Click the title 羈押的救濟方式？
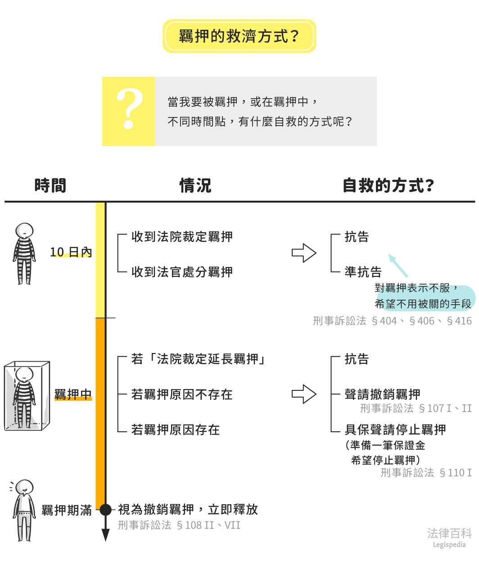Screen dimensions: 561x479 pyautogui.click(x=239, y=36)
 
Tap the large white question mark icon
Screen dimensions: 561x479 pyautogui.click(x=129, y=109)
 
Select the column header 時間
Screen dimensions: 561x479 pyautogui.click(x=50, y=185)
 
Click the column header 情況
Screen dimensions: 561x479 pyautogui.click(x=195, y=185)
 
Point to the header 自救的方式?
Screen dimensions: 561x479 pyautogui.click(x=388, y=185)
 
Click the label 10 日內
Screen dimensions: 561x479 pyautogui.click(x=71, y=252)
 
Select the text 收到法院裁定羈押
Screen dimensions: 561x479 pyautogui.click(x=182, y=237)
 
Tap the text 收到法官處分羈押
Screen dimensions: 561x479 pyautogui.click(x=182, y=272)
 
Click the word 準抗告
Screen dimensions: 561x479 pyautogui.click(x=363, y=272)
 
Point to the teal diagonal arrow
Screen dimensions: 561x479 pyautogui.click(x=398, y=266)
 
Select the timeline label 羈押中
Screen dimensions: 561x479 pyautogui.click(x=73, y=395)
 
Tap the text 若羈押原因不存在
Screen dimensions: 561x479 pyautogui.click(x=182, y=395)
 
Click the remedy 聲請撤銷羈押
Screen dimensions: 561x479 pyautogui.click(x=382, y=394)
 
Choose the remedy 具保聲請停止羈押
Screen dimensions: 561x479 pyautogui.click(x=395, y=430)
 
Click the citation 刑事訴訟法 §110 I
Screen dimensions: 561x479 pyautogui.click(x=426, y=473)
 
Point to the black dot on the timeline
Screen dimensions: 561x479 pyautogui.click(x=105, y=510)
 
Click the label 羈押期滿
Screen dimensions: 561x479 pyautogui.click(x=67, y=510)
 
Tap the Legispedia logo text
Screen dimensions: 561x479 pyautogui.click(x=449, y=538)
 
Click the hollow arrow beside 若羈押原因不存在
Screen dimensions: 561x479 pyautogui.click(x=304, y=394)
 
